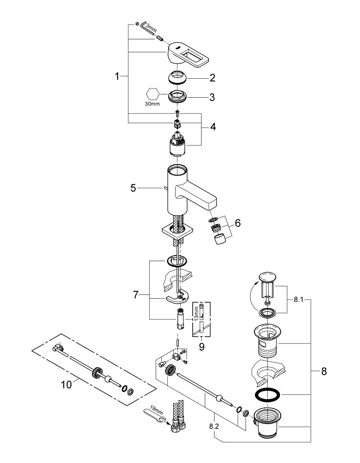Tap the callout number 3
212,98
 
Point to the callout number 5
133,188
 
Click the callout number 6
237,223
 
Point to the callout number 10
67,384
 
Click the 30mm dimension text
152,105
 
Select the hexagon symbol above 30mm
152,94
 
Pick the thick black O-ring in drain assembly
267,395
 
